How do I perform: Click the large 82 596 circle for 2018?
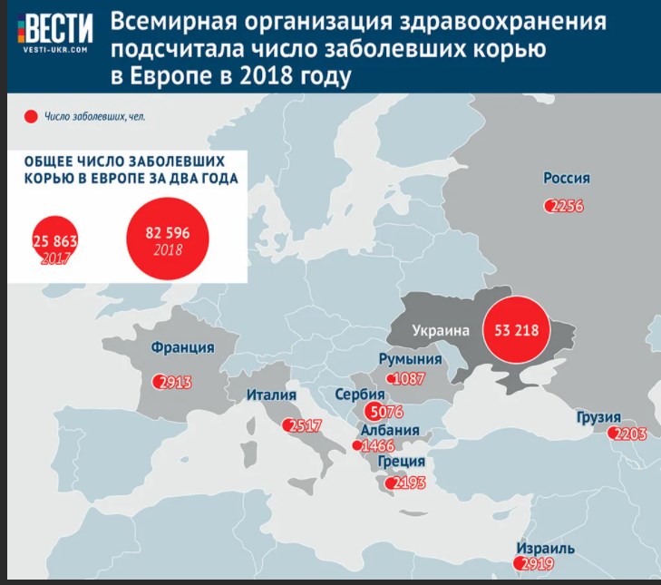tap(168, 238)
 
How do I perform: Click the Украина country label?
tap(440, 331)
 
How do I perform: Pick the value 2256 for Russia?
tap(567, 206)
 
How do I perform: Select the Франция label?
tap(183, 347)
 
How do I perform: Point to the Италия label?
tap(274, 395)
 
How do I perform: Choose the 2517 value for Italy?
tap(302, 425)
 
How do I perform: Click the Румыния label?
tap(409, 359)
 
